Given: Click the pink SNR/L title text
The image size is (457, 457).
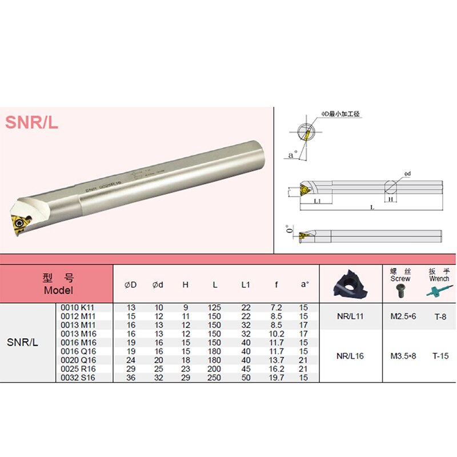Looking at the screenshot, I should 32,122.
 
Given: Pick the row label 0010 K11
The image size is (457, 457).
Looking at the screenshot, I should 79,308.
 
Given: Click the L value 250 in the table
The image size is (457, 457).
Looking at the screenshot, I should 216,377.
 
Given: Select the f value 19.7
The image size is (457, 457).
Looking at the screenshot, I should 276,377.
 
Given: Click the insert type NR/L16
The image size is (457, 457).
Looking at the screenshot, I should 350,356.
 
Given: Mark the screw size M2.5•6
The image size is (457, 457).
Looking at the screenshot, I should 403,316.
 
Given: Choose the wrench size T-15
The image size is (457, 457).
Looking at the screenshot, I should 440,356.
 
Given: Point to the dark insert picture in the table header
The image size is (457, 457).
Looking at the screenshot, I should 350,284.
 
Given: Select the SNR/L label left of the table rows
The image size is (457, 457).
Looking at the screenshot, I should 22,343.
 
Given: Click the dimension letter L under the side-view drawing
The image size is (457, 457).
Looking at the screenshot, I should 372,208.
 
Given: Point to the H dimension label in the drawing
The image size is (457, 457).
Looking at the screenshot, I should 391,201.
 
